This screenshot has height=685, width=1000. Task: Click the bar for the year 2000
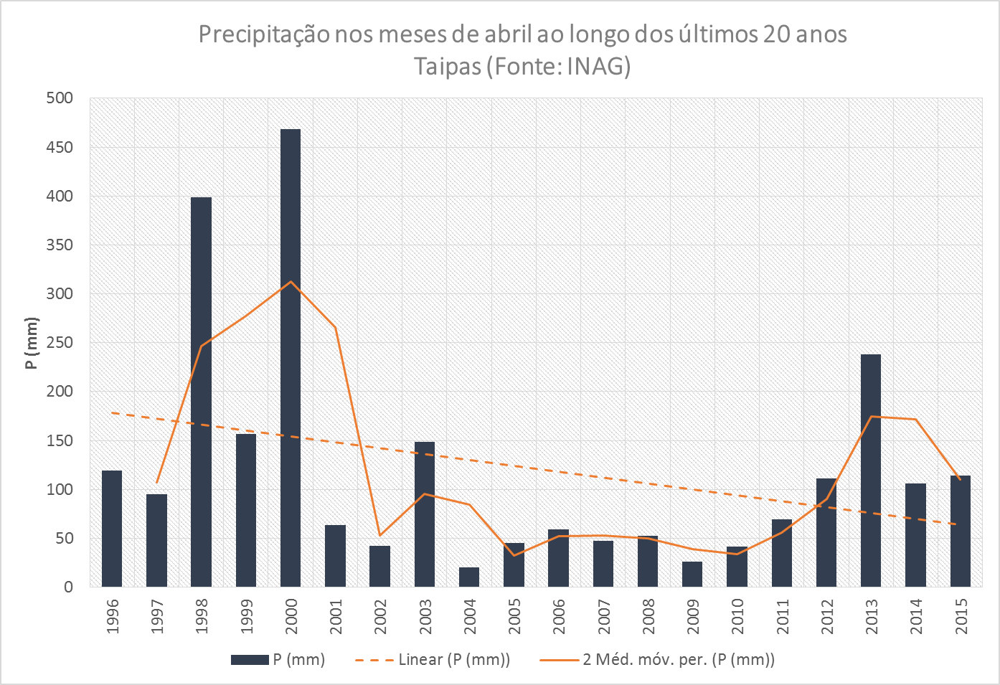pos(291,359)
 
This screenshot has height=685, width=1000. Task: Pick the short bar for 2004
pos(469,577)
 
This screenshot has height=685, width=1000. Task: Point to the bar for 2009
pos(692,574)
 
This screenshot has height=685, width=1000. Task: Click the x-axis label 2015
pos(961,617)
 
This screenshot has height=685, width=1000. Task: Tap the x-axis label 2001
pos(336,617)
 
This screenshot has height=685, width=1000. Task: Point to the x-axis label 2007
pos(604,617)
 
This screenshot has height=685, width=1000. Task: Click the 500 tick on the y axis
pos(60,98)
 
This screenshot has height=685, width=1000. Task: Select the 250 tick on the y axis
pos(60,343)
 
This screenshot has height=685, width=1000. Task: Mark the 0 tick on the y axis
pos(68,587)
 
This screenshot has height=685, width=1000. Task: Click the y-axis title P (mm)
pos(31,343)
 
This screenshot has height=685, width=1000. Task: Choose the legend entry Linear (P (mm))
pos(454,660)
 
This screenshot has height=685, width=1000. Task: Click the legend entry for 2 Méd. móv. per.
pos(678,660)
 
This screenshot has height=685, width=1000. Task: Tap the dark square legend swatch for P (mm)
pos(250,660)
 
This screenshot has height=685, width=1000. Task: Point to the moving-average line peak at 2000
pos(291,282)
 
